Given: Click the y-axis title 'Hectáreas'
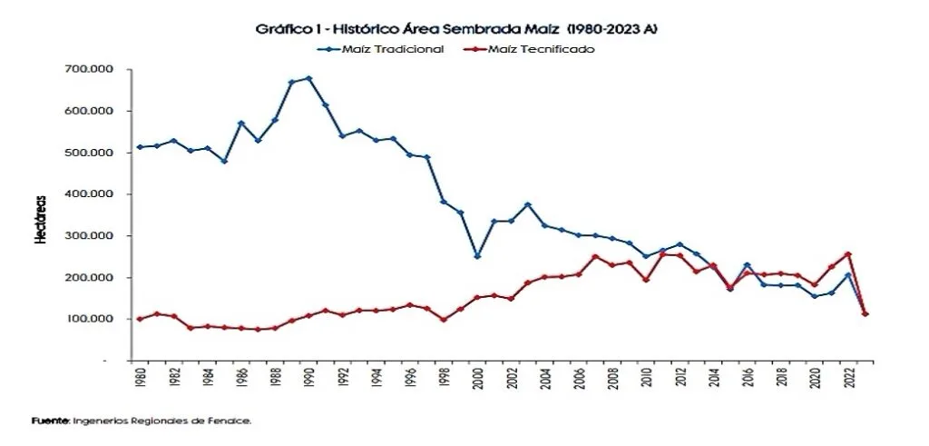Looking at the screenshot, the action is click(x=41, y=220).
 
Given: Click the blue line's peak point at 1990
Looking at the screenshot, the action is click(x=308, y=78).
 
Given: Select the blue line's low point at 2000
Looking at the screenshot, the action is click(x=477, y=256).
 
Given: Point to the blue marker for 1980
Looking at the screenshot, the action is click(x=140, y=147).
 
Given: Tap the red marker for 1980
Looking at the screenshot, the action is click(x=140, y=319).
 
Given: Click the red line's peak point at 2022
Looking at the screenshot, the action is click(x=848, y=254).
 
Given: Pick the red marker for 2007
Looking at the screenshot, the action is click(x=595, y=257).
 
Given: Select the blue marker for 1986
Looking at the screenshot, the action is click(x=241, y=124).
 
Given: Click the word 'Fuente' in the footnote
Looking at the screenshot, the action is click(x=50, y=421).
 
